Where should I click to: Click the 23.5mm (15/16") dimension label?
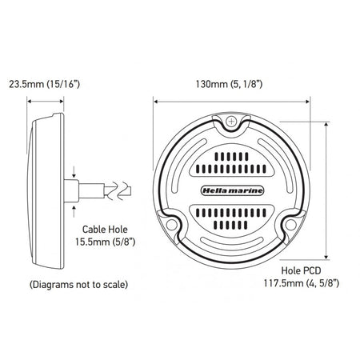coord(44,84)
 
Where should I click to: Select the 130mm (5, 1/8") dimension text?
coord(229,84)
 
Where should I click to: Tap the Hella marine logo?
coord(231,190)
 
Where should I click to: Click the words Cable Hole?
coord(105,230)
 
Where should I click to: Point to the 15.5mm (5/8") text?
coord(105,242)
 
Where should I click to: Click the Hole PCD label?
coord(301,270)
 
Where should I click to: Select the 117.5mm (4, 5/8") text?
coord(302,283)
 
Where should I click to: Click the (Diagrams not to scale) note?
coord(78,285)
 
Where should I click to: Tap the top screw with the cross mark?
coord(231,122)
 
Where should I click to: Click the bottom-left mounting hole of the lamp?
coord(171,225)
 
